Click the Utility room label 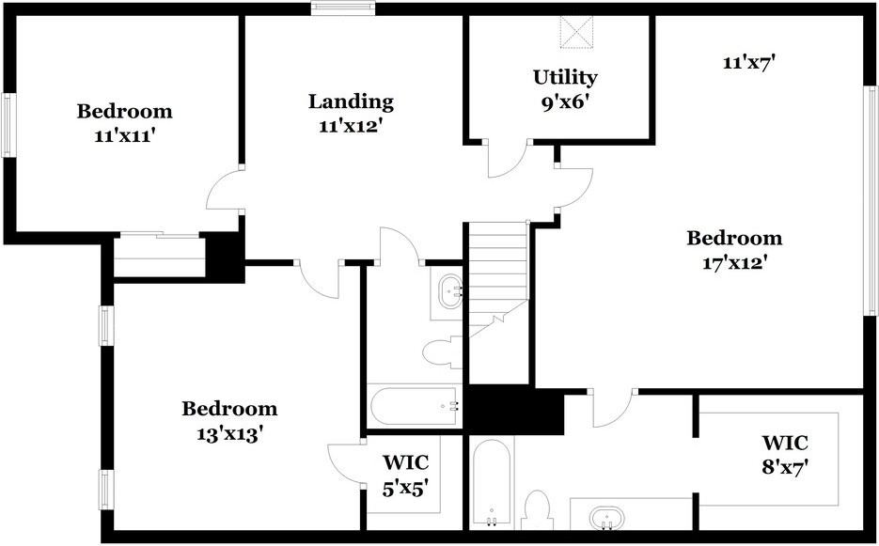tap(565, 77)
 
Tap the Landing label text tap(351, 101)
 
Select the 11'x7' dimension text tap(748, 62)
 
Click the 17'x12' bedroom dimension tap(734, 262)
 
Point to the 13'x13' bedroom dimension tap(229, 433)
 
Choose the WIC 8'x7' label tap(785, 454)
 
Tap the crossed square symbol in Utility tap(576, 32)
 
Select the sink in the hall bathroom tap(450, 291)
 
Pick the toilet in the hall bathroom tap(442, 352)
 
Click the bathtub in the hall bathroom tap(415, 405)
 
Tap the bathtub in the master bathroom tap(492, 481)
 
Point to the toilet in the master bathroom tap(537, 509)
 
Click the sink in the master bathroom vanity tap(606, 517)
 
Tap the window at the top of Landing tap(343, 8)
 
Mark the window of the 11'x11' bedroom tap(8, 125)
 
